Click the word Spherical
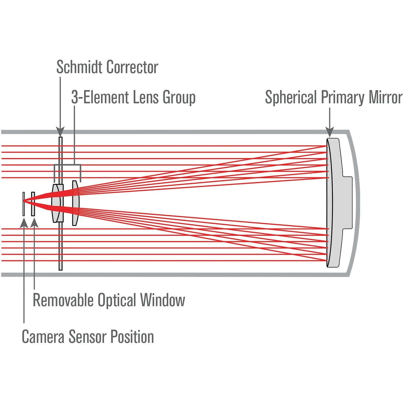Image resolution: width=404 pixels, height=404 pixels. click(x=291, y=97)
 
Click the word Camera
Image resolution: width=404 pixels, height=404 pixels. click(x=43, y=337)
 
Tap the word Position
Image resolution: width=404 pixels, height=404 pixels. click(x=132, y=337)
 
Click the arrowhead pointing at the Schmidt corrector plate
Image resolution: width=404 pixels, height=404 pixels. click(x=60, y=132)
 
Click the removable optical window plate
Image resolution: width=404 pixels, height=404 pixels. click(x=33, y=204)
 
